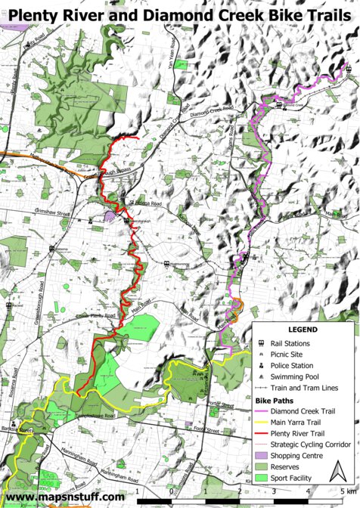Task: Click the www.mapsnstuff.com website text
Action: [x=65, y=497]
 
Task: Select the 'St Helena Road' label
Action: [x=145, y=203]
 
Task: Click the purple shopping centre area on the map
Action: [x=110, y=217]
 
